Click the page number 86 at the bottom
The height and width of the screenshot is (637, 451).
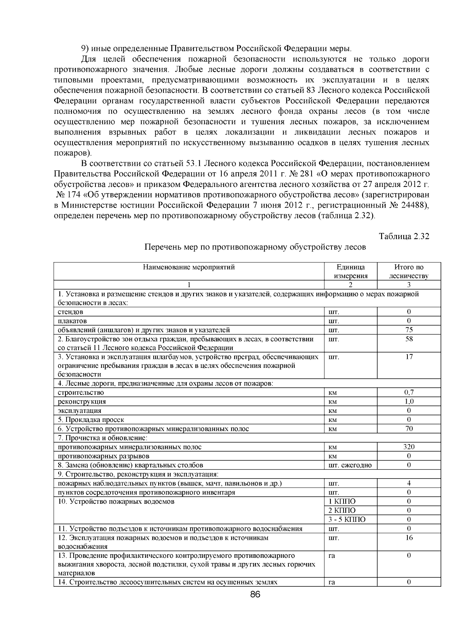(x=255, y=594)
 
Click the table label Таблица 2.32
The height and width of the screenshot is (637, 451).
(x=404, y=236)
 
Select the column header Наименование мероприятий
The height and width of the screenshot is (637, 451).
(x=189, y=267)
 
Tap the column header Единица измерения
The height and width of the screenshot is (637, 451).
(x=350, y=271)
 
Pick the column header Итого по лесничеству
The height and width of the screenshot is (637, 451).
(x=409, y=271)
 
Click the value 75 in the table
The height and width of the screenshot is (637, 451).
(x=409, y=330)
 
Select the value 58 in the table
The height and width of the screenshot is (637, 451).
(x=409, y=339)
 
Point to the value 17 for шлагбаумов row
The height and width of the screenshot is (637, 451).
(x=409, y=357)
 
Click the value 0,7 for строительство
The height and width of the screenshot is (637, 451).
(x=409, y=392)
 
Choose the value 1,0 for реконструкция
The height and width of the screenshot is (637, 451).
(x=409, y=401)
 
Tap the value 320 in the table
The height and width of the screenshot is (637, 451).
(x=409, y=447)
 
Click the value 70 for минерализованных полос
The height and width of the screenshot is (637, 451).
(x=409, y=429)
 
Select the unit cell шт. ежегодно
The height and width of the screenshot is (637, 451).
(x=350, y=465)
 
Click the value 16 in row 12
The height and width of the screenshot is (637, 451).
(x=409, y=538)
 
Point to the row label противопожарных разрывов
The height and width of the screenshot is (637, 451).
(x=103, y=456)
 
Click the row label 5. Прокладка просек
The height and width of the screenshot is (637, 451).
(x=91, y=420)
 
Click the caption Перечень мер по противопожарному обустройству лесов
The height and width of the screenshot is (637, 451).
(x=255, y=247)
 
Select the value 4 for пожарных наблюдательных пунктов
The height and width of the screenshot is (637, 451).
(x=409, y=483)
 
